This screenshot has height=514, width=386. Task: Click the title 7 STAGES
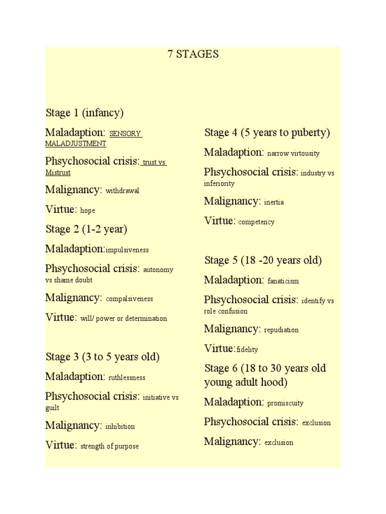(x=193, y=54)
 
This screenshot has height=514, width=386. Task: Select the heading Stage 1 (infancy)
(x=84, y=113)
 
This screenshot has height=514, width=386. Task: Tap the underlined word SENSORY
(x=126, y=134)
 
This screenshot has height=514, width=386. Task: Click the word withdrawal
(x=122, y=191)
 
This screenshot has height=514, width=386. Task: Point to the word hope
(x=87, y=210)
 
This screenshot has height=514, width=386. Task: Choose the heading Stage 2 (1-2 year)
(x=86, y=229)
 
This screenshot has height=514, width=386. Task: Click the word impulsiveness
(x=127, y=249)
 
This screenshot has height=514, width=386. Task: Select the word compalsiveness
(x=129, y=299)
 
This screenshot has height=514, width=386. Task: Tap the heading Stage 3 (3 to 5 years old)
(x=103, y=357)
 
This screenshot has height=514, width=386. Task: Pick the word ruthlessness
(x=127, y=377)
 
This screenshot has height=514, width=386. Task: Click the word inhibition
(x=120, y=427)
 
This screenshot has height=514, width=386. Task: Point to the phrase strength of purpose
(x=110, y=446)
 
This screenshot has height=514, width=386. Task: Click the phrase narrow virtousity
(x=294, y=153)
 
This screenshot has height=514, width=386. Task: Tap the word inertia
(x=274, y=202)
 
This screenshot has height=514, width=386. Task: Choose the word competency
(x=256, y=222)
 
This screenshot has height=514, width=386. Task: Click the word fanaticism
(x=283, y=281)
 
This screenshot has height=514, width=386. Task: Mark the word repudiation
(x=281, y=330)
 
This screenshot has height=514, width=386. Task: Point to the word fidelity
(x=247, y=349)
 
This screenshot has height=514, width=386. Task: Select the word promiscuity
(x=285, y=403)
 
